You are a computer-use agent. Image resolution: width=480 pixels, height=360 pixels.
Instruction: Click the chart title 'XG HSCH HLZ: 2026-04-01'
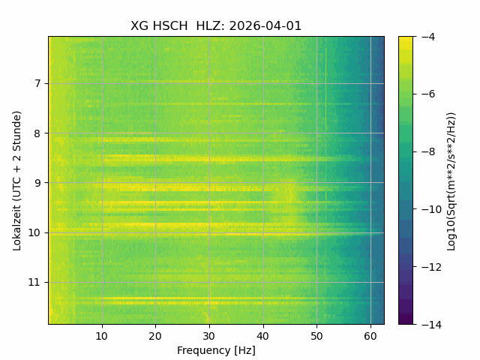pyautogui.click(x=216, y=25)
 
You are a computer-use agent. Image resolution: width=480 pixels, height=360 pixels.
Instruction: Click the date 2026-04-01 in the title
pyautogui.click(x=265, y=25)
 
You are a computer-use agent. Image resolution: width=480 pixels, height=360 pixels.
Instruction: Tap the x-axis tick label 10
pyautogui.click(x=102, y=336)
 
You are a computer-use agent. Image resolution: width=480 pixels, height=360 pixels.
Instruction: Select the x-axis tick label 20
pyautogui.click(x=155, y=336)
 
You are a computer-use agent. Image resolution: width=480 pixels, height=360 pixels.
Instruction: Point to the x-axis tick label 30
pyautogui.click(x=209, y=336)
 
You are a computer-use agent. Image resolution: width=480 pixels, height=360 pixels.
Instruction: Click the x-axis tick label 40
pyautogui.click(x=263, y=336)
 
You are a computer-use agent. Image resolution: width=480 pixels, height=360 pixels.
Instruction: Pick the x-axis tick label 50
pyautogui.click(x=316, y=336)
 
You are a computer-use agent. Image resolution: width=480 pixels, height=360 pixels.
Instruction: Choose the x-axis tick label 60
pyautogui.click(x=370, y=336)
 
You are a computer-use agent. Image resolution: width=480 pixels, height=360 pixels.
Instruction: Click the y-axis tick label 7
pyautogui.click(x=37, y=83)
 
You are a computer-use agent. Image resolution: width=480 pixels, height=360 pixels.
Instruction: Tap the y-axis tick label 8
pyautogui.click(x=37, y=133)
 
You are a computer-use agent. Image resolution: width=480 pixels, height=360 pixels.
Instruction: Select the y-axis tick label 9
pyautogui.click(x=37, y=183)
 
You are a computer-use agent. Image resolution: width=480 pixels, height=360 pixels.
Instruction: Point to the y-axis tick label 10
pyautogui.click(x=34, y=232)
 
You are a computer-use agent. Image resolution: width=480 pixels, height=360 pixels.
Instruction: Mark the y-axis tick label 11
pyautogui.click(x=34, y=282)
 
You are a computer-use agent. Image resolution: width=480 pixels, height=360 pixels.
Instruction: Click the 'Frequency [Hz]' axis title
pyautogui.click(x=216, y=350)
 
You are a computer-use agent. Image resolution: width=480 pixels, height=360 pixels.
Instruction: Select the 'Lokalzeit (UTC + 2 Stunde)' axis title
pyautogui.click(x=17, y=181)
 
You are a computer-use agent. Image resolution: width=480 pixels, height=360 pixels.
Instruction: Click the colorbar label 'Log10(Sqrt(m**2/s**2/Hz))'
pyautogui.click(x=451, y=181)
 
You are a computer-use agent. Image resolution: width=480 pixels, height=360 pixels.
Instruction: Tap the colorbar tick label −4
pyautogui.click(x=428, y=37)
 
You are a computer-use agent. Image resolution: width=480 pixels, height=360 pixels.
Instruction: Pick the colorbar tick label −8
pyautogui.click(x=428, y=151)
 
